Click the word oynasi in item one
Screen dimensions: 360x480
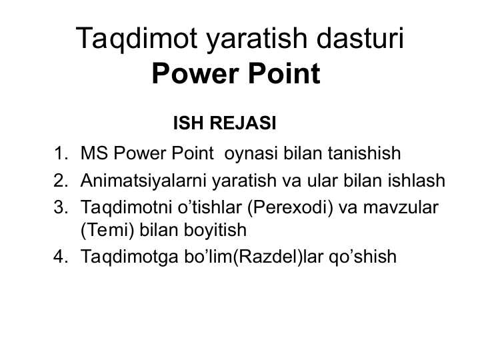click(x=253, y=155)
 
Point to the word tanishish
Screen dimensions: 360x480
click(x=364, y=155)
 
